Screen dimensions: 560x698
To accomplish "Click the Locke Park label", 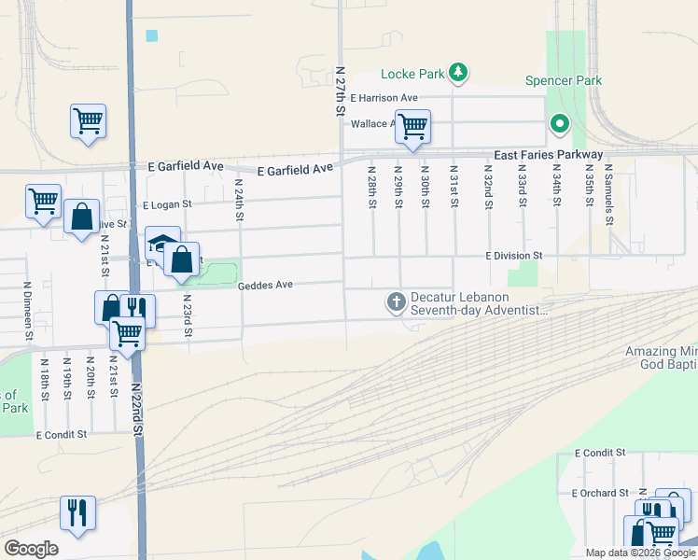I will [x=412, y=74].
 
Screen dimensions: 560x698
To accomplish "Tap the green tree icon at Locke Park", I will [x=457, y=72].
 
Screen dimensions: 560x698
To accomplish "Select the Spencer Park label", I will [x=563, y=80].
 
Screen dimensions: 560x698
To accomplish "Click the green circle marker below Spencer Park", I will [x=559, y=122].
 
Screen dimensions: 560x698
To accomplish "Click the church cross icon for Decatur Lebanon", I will [x=396, y=301].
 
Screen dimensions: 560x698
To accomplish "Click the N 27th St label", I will [x=340, y=91].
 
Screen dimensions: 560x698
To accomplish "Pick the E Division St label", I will [x=513, y=255].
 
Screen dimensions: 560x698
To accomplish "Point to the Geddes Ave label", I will [x=265, y=287].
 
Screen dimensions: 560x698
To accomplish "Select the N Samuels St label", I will [x=608, y=200].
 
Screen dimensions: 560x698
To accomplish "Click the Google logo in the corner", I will [x=31, y=549].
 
